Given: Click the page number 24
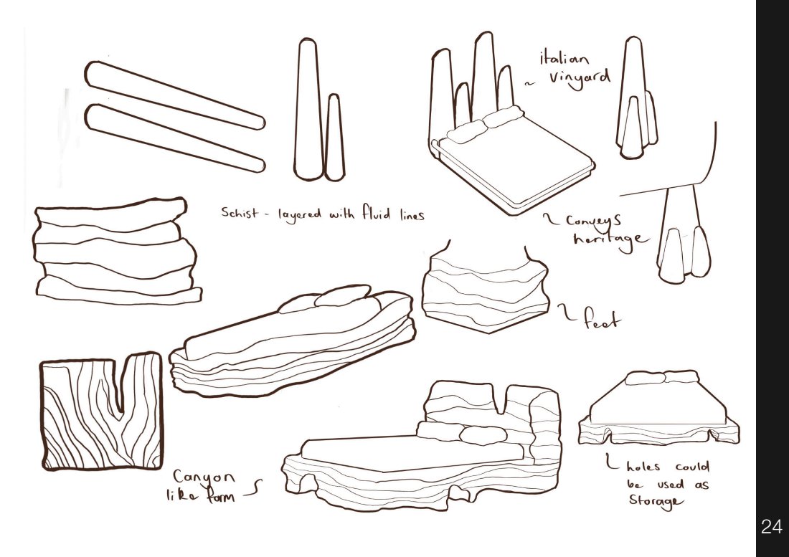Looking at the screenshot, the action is [771, 526].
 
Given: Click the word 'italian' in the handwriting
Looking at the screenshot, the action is [564, 58].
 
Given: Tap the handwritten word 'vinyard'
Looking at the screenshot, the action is [579, 78].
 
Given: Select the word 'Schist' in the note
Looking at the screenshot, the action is [240, 212].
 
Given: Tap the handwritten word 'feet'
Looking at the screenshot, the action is [602, 318].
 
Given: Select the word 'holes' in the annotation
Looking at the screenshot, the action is [643, 466].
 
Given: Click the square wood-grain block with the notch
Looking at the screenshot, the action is [101, 411].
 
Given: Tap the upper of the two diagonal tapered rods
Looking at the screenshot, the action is [174, 95].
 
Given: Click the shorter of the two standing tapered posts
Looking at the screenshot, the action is [334, 137].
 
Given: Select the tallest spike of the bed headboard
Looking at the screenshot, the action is [483, 75].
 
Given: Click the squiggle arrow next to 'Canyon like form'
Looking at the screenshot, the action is [253, 489].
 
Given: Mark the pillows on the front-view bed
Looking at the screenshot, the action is [661, 377].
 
